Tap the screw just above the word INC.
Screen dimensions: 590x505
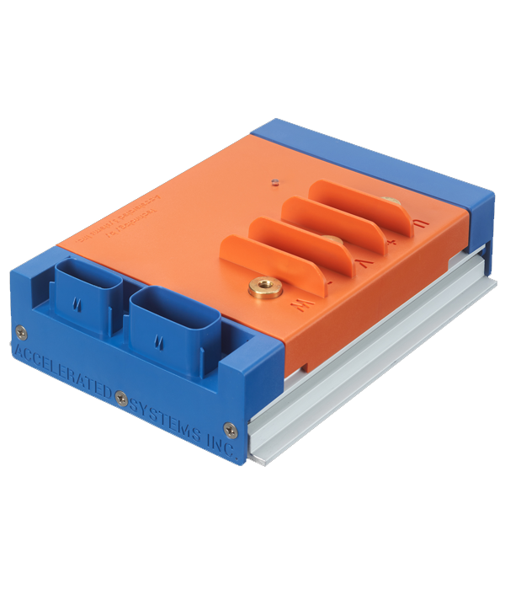click(231, 429)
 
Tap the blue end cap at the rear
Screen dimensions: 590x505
click(379, 156)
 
